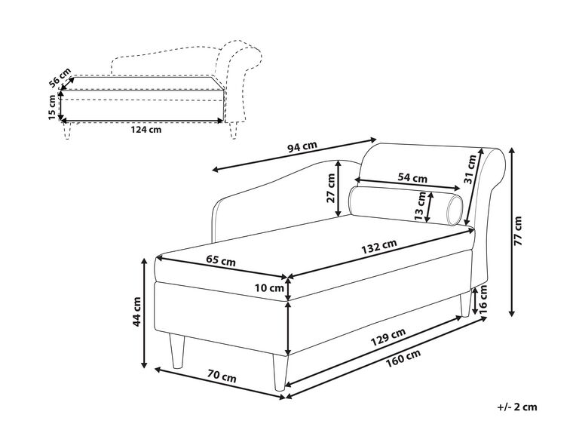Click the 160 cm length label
coord(403,357)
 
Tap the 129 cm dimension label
coord(388,336)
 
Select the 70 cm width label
coord(222,376)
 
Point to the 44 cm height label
coord(136,311)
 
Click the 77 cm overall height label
coord(519,231)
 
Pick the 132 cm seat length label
coord(379,247)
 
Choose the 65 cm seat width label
coord(221,261)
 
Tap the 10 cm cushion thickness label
coord(269,288)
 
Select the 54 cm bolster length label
coord(412,178)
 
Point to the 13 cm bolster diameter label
coord(421,206)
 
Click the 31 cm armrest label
coord(470,169)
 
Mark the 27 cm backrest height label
coord(331,188)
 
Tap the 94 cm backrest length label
coord(302,146)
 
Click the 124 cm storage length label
coord(146,130)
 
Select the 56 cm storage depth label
coord(60,78)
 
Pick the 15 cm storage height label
coord(53,107)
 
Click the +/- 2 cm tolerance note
coord(517,407)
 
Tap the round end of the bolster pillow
coord(455,210)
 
